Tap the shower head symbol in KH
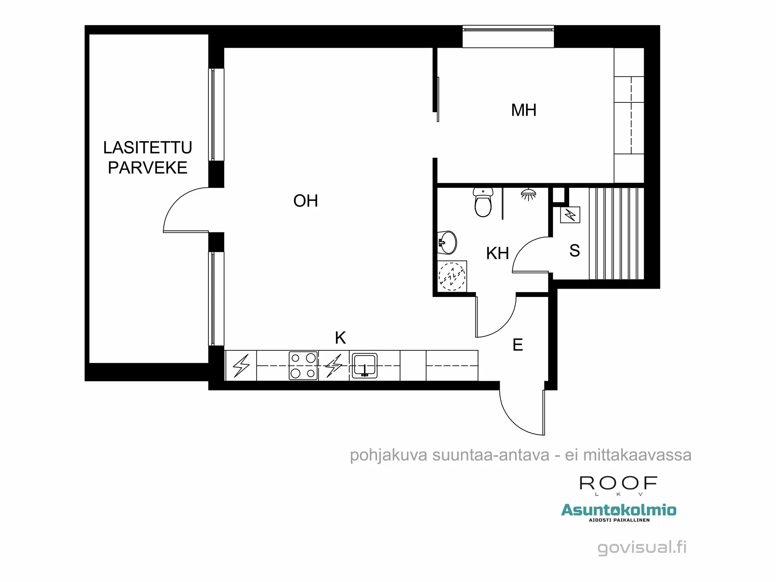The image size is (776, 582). (x=528, y=194)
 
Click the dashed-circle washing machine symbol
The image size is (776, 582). (x=452, y=276)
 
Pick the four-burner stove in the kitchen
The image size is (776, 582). (x=303, y=365)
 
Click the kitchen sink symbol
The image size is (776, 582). (x=364, y=365)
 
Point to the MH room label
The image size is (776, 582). (x=523, y=110)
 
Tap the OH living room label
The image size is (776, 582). (x=305, y=201)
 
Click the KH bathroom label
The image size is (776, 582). (x=497, y=253)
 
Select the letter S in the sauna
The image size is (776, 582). (x=575, y=251)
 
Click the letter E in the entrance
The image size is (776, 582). (x=518, y=345)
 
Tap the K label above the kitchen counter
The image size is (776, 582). (x=340, y=338)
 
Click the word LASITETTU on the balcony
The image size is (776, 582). (x=147, y=147)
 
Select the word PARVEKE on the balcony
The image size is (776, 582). (x=147, y=168)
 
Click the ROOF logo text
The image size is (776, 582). (x=618, y=483)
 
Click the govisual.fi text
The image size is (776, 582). (x=642, y=547)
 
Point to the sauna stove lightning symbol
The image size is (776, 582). (x=570, y=215)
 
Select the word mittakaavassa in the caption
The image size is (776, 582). (x=637, y=455)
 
